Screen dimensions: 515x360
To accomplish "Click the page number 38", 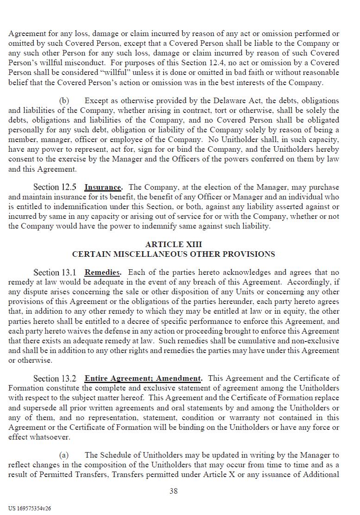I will [174, 491].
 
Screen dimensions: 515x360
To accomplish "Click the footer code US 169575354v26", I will [30, 508].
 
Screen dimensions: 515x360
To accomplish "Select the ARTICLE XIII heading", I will [174, 244].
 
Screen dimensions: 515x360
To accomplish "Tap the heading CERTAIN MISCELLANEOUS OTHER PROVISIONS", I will [174, 254].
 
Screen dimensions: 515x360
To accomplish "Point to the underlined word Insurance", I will [103, 187].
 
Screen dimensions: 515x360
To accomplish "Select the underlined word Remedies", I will [102, 273].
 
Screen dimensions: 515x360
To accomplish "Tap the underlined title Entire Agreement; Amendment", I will [143, 378].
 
